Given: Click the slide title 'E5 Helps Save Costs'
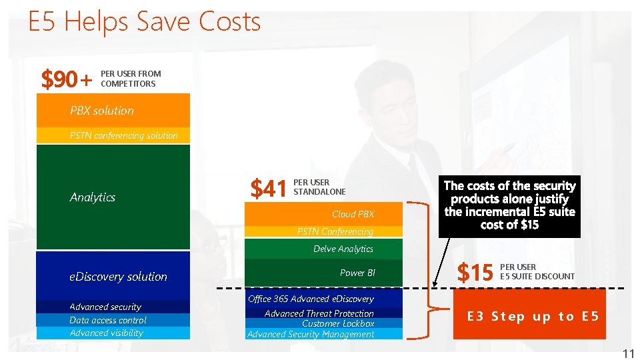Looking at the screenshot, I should click(144, 22).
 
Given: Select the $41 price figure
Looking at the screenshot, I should click(268, 189).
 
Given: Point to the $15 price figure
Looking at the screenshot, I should click(475, 272).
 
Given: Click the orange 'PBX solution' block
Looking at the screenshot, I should click(113, 111).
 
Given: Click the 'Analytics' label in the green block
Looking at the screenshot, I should click(93, 197).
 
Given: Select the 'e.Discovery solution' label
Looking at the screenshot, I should click(118, 277).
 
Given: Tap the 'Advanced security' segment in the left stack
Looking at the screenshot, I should click(105, 307).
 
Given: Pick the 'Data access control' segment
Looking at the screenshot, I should click(108, 320).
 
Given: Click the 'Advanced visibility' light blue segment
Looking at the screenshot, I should click(107, 333).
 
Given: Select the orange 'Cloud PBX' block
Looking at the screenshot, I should click(324, 214).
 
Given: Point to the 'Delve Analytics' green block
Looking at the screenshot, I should click(324, 249).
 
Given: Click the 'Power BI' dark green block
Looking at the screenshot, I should click(324, 273).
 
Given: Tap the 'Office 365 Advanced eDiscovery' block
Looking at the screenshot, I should click(311, 299).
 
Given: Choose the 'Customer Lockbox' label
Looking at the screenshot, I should click(337, 323).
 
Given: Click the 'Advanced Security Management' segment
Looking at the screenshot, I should click(311, 334).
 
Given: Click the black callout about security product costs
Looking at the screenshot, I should click(509, 205).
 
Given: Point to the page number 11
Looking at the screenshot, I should click(627, 354).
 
